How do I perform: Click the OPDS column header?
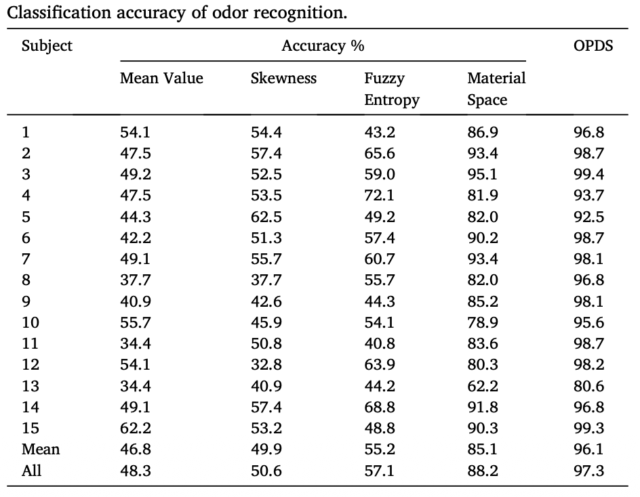coord(593,45)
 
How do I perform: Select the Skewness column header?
coord(283,78)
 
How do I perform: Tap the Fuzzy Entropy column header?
coord(391,89)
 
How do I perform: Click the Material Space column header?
coord(496,89)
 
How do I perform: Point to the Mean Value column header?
coord(161,78)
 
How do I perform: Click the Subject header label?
coord(47,45)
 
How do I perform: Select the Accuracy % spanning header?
coord(323,45)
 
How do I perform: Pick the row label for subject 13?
coord(31,386)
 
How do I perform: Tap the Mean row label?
coord(41,449)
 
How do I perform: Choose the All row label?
coord(31,470)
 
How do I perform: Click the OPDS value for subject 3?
coord(588,174)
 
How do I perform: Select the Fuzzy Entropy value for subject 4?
coord(379,195)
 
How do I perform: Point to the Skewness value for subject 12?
coord(266,364)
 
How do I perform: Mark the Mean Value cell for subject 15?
coord(136,428)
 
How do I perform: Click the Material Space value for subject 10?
coord(483,322)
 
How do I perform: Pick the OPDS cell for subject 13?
coord(588,386)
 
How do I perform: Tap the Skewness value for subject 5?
coord(266,217)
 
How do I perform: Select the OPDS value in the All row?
coord(588,470)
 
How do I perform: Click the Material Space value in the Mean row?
coord(483,449)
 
